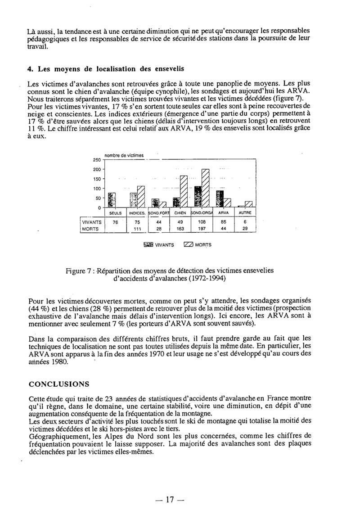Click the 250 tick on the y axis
96,160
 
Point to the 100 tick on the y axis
96,188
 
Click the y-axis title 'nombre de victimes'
124,155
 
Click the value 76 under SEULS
115,222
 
